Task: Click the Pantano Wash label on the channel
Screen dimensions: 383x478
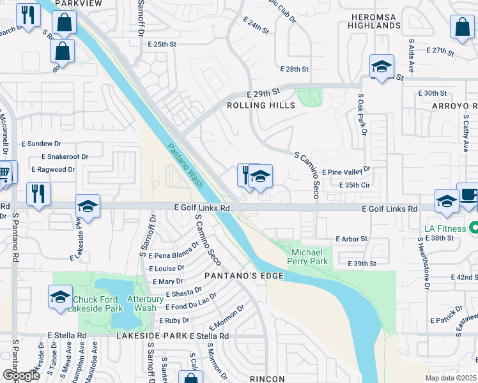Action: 186,165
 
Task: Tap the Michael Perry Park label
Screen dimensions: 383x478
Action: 309,257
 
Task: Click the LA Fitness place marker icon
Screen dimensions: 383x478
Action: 474,227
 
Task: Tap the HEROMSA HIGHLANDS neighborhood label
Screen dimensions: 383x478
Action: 374,20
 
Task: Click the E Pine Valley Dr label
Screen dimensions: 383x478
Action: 346,171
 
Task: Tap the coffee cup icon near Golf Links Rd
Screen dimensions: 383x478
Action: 468,195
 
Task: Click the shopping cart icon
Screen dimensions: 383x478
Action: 4,172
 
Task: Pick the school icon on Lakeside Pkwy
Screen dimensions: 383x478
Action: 88,206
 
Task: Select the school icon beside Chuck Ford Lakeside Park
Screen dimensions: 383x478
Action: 60,297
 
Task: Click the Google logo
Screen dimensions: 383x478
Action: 21,375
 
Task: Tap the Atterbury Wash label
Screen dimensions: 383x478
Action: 141,304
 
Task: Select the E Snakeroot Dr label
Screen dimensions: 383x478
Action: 65,156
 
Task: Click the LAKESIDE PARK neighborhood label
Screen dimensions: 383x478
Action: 151,336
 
